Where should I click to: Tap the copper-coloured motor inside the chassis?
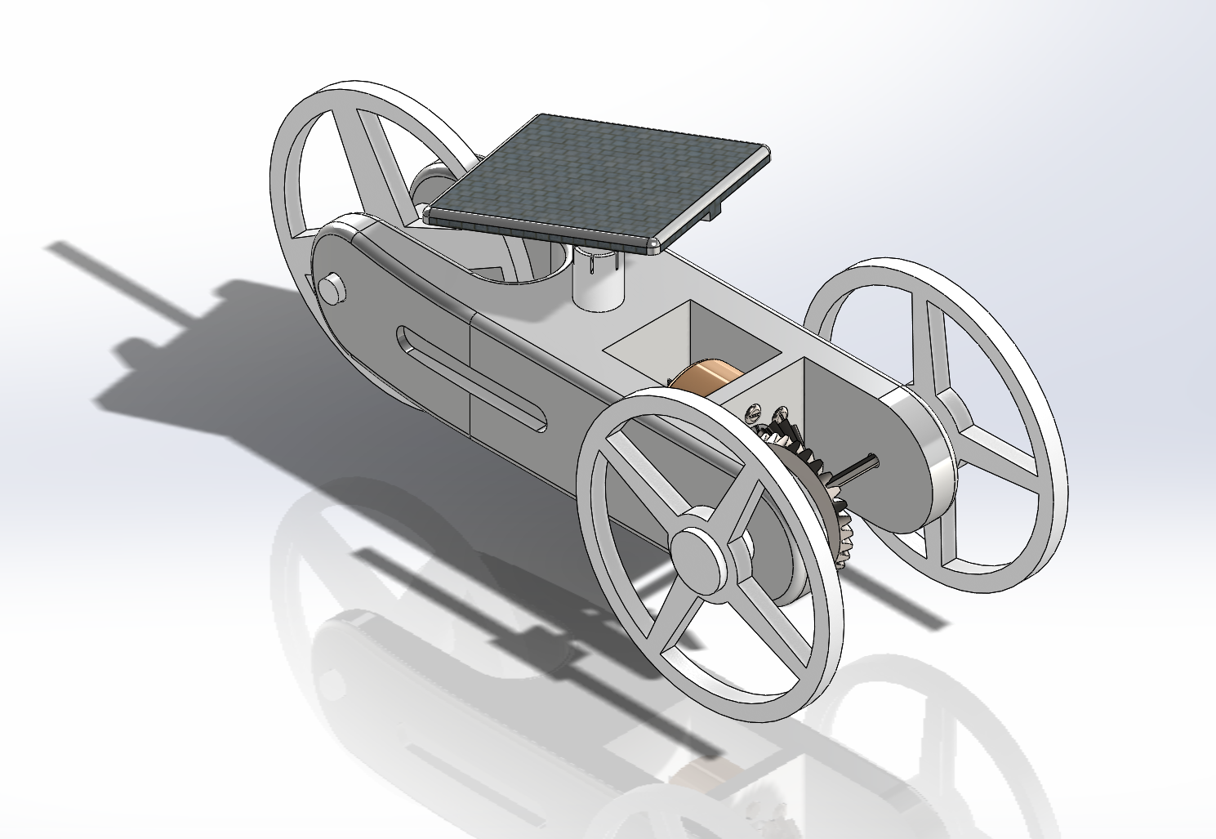704,379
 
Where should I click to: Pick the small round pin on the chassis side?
331,288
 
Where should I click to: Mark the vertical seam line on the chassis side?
471,372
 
